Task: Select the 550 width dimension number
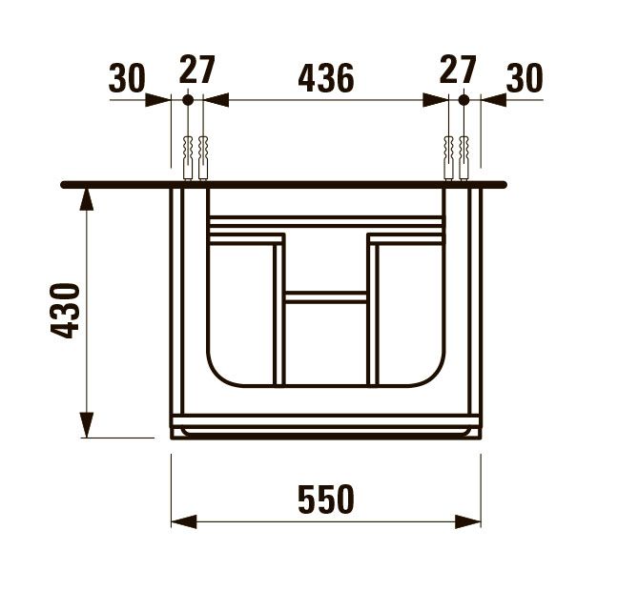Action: click(325, 499)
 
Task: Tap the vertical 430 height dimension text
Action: click(66, 311)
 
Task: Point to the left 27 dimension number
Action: click(197, 70)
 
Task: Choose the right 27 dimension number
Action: click(458, 70)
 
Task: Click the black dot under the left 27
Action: click(187, 99)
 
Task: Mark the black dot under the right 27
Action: click(464, 99)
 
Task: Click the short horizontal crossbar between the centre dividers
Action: click(325, 297)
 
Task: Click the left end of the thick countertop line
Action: click(65, 184)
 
